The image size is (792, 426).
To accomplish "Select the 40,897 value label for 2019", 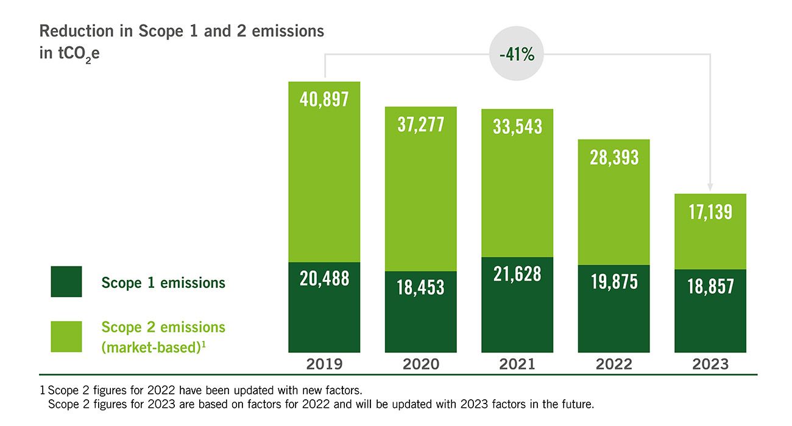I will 324,99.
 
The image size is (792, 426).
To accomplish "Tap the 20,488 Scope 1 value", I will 324,278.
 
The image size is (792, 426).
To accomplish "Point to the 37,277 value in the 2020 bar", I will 420,124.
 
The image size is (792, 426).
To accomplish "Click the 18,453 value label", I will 420,287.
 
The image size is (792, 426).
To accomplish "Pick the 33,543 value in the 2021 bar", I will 517,127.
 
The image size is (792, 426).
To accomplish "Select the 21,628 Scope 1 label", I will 517,274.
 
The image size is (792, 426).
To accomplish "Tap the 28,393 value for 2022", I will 613,157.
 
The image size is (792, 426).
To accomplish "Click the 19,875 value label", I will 613,282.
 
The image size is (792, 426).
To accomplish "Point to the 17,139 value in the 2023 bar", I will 710,212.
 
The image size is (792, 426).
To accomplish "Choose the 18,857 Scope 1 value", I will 710,286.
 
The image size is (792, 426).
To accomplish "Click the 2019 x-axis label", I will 324,364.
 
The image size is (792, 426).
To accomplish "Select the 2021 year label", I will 517,364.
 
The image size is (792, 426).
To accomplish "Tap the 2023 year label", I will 710,364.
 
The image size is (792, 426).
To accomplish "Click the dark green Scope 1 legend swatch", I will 66,282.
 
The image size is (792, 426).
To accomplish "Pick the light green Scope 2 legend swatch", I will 66,337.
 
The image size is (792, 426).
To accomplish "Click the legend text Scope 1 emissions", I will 163,282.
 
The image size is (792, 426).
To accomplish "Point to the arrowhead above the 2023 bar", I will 710,187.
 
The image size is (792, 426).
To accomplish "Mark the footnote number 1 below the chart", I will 43,389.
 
